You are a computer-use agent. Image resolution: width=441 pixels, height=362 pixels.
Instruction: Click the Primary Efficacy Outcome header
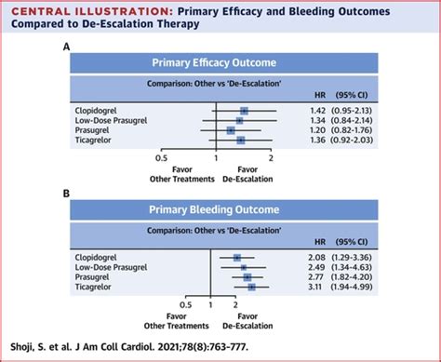pyautogui.click(x=220, y=64)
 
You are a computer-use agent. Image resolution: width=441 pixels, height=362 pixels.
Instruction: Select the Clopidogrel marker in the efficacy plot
pyautogui.click(x=244, y=111)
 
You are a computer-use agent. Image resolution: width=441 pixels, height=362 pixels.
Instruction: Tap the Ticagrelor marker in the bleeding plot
pyautogui.click(x=251, y=287)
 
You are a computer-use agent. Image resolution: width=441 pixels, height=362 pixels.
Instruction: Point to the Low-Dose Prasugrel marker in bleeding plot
pyautogui.click(x=243, y=266)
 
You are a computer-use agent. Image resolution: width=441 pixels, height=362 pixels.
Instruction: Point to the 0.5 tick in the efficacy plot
pyautogui.click(x=162, y=159)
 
